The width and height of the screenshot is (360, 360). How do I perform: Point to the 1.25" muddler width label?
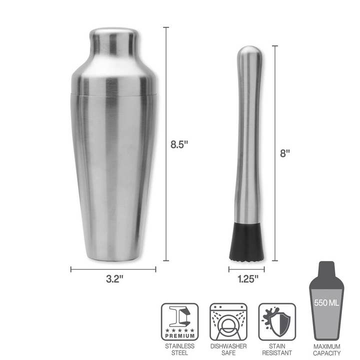(247, 279)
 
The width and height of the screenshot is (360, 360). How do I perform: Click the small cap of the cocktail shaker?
(113, 41)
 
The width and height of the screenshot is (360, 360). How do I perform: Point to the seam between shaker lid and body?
(113, 93)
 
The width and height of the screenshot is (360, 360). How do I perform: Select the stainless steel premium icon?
(179, 321)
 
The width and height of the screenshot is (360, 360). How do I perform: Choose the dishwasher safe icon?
(228, 321)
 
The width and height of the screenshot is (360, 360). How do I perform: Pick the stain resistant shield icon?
(277, 321)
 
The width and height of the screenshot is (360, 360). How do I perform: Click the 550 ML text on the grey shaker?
(327, 302)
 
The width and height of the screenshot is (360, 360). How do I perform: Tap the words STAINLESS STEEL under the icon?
(179, 349)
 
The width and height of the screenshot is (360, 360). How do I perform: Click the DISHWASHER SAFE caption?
(228, 349)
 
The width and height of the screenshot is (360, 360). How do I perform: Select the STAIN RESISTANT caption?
(277, 349)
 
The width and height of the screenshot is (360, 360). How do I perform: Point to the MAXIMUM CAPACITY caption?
(327, 349)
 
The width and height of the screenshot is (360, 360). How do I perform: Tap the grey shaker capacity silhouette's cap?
(327, 266)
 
